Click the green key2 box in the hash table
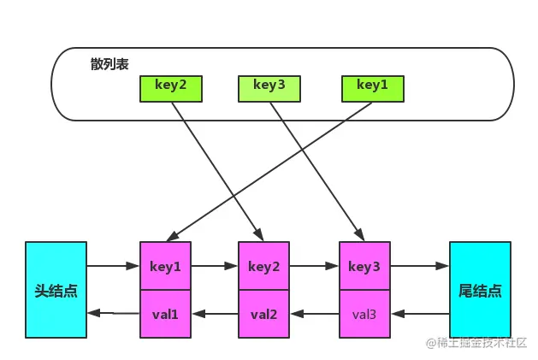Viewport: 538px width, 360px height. pos(171,89)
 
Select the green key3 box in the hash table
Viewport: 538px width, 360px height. pos(269,89)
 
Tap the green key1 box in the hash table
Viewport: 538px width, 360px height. pos(373,89)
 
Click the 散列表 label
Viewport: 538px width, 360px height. pos(109,64)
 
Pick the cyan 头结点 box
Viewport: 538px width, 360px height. pos(56,290)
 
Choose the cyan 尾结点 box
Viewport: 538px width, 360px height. pos(480,290)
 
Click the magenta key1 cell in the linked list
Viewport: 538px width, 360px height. pos(165,266)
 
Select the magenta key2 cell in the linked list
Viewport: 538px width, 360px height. pos(263,266)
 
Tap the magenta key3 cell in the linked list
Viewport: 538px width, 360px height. pos(364,266)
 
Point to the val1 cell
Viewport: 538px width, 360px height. pos(165,314)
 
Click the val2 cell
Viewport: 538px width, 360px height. pos(263,314)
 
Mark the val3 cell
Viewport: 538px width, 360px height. pos(364,314)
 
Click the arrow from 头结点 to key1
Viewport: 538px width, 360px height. pos(113,266)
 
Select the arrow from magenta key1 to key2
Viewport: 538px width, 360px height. pos(215,266)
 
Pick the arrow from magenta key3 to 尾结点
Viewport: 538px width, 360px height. pos(420,266)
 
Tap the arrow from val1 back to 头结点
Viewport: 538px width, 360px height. pos(113,313)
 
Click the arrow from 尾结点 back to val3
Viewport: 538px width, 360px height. pos(420,314)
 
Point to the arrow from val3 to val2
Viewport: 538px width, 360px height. pos(315,314)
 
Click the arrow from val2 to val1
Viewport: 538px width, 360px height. pos(215,314)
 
